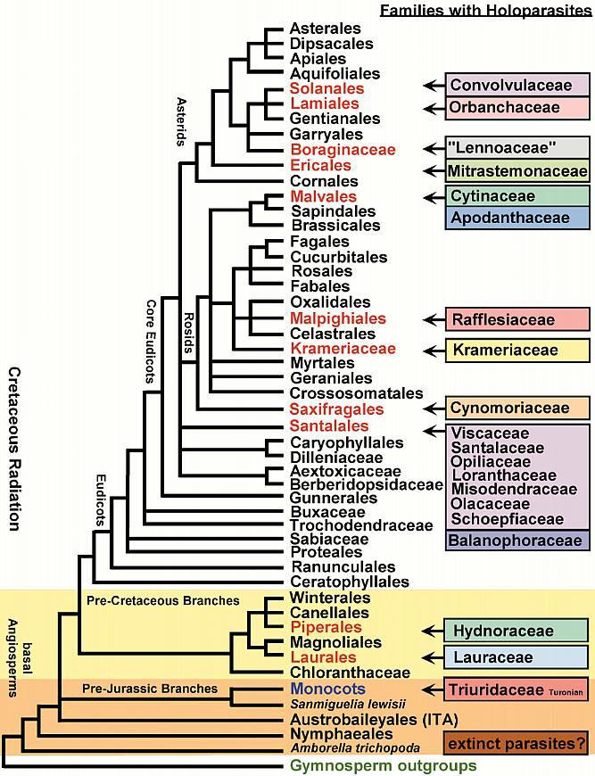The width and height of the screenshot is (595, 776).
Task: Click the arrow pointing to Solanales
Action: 433,86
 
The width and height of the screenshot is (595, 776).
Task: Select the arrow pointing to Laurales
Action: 433,658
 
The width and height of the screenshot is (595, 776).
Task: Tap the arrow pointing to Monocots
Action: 433,689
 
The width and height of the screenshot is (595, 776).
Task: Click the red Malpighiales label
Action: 337,318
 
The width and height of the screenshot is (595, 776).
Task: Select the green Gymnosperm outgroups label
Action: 384,766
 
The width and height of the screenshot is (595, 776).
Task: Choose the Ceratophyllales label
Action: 349,582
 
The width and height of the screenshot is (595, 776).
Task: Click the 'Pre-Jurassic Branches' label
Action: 150,689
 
